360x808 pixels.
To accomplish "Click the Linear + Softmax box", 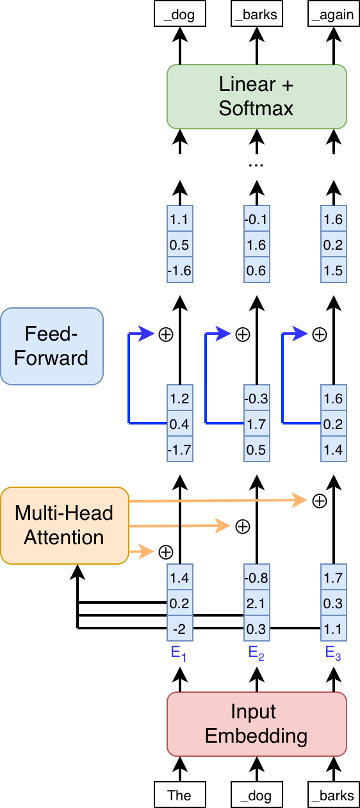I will [256, 96].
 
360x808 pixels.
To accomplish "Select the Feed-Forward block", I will [52, 346].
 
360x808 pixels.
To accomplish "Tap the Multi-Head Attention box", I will [65, 525].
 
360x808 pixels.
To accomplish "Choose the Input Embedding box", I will [256, 723].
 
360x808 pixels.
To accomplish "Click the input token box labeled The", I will [179, 795].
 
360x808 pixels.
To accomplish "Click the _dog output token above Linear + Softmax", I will [179, 13].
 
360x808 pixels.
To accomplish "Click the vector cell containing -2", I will [179, 629].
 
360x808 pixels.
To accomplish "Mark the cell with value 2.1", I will [256, 603].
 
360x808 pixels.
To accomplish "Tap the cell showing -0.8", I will [256, 578].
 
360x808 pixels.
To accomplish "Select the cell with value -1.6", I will [179, 270].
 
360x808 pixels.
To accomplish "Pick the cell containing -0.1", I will [256, 219].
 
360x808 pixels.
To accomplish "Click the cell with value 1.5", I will [333, 270].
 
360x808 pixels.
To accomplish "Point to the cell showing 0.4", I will [179, 424].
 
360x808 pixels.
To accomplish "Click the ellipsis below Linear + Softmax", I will [256, 164].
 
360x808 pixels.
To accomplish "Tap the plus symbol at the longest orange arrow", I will [318, 501].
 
